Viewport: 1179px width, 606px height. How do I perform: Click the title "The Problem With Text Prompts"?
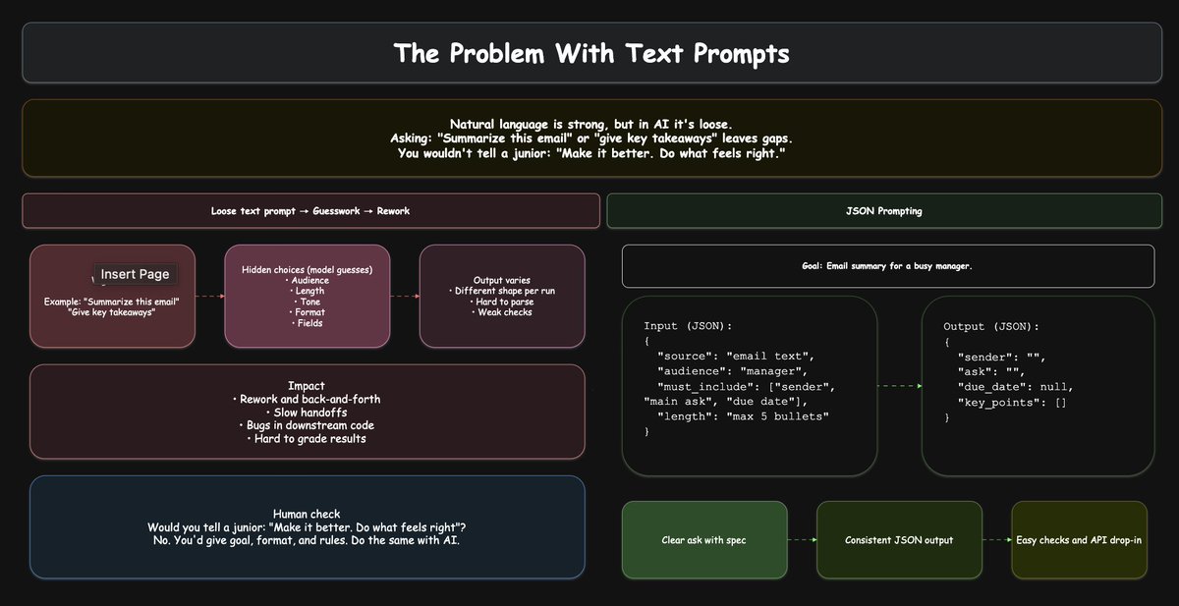coord(590,53)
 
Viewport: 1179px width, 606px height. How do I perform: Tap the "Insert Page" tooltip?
coord(135,274)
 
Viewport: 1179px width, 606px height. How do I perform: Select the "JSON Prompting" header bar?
coord(883,211)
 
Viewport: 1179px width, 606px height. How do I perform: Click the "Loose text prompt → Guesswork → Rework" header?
coord(310,211)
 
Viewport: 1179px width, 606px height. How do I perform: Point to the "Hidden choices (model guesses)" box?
coord(307,296)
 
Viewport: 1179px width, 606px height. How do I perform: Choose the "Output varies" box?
coord(501,296)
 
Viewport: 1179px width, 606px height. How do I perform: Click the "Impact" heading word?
coord(307,386)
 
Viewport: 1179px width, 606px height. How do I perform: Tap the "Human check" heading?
coord(307,514)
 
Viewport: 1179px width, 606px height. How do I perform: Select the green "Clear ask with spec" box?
coord(704,540)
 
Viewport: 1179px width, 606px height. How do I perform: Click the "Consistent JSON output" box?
coord(899,540)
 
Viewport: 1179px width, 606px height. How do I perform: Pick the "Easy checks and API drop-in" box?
coord(1079,540)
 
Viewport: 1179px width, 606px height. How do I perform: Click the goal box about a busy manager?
coord(887,266)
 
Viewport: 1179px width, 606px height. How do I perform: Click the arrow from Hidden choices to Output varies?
coord(406,295)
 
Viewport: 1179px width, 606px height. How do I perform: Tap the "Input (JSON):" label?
coord(688,326)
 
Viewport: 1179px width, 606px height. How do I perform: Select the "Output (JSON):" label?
coord(990,326)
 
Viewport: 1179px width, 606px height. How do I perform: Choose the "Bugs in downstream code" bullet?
coord(307,424)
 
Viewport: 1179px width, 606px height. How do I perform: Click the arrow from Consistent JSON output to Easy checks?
coord(996,540)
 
